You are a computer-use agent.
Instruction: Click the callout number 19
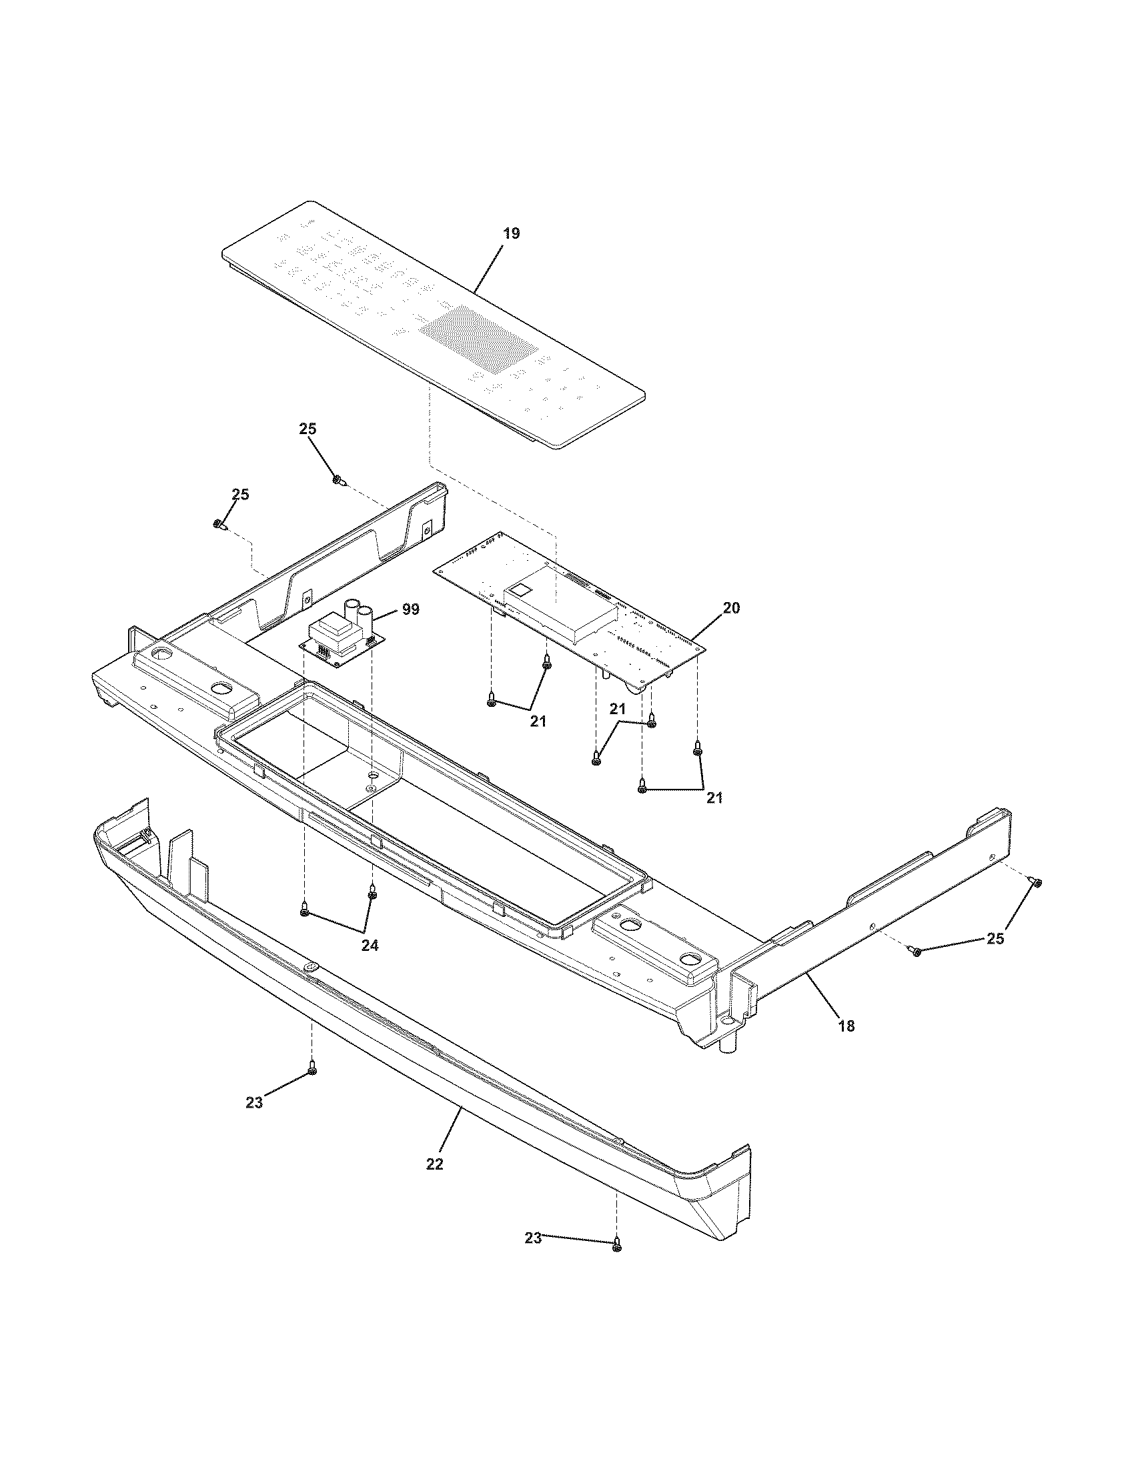tap(510, 234)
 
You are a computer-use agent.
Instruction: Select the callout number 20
tap(731, 608)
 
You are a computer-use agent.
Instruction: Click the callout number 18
tap(846, 1026)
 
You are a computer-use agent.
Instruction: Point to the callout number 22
tap(435, 1164)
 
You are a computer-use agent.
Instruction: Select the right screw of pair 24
tap(372, 894)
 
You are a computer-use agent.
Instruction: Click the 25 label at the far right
tap(995, 938)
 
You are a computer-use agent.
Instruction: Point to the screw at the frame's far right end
tap(1037, 883)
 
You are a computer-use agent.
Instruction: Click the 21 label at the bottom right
tap(714, 798)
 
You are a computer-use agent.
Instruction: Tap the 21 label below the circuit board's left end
tap(538, 721)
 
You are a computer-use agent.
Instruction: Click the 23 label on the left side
tap(254, 1102)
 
